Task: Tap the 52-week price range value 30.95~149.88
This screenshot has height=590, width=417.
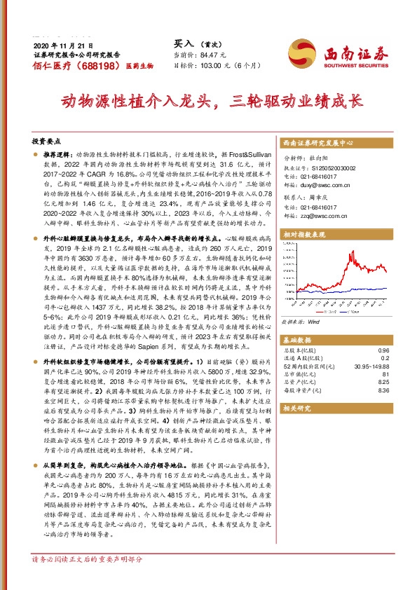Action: click(369, 366)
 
